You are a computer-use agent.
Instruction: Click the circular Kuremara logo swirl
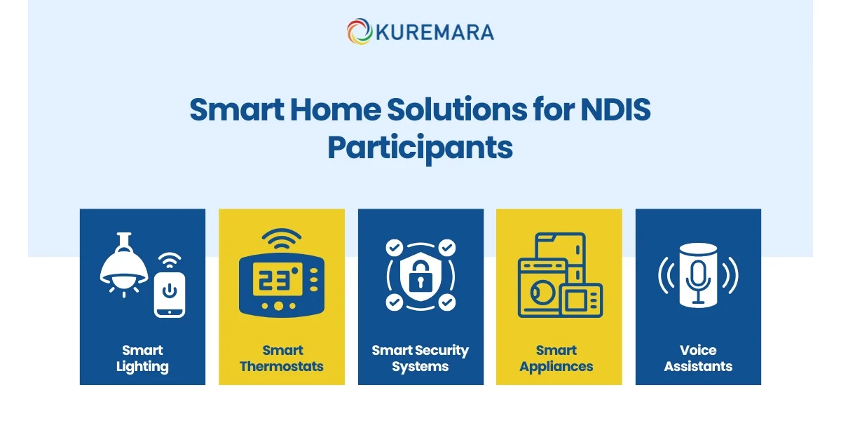click(x=359, y=31)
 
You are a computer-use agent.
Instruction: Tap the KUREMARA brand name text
click(x=435, y=32)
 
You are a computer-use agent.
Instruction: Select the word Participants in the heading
click(x=420, y=148)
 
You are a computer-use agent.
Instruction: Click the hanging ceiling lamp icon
click(x=124, y=265)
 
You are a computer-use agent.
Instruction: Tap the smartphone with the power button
click(x=170, y=295)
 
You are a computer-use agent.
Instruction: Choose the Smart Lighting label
click(x=142, y=358)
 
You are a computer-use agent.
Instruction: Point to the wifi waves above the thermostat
click(x=281, y=240)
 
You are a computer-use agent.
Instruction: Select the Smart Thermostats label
click(x=282, y=358)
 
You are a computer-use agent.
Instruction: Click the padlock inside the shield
click(x=420, y=278)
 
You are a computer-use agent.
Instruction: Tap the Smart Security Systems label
click(x=420, y=358)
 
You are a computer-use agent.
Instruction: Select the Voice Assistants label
click(x=698, y=358)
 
